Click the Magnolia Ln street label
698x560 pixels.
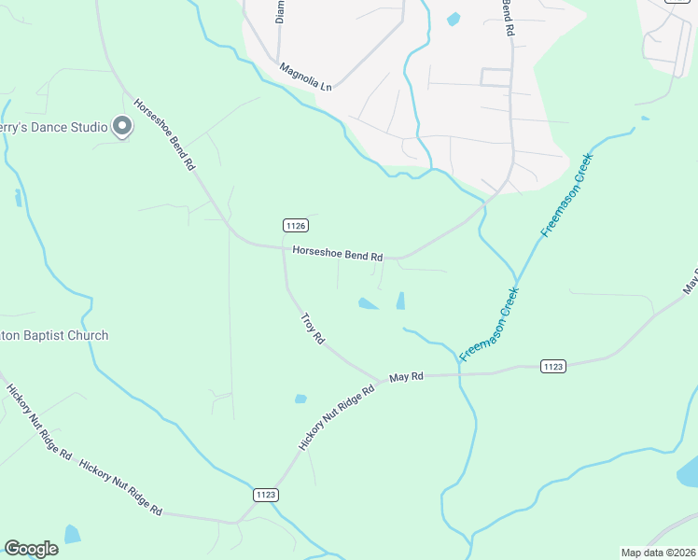pyautogui.click(x=306, y=77)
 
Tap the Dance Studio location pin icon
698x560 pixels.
pyautogui.click(x=121, y=126)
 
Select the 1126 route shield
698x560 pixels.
pyautogui.click(x=295, y=225)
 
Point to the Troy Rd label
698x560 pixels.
pyautogui.click(x=312, y=329)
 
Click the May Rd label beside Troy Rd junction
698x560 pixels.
pyautogui.click(x=406, y=376)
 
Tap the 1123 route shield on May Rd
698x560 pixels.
pyautogui.click(x=552, y=367)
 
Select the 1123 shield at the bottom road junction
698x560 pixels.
pyautogui.click(x=265, y=495)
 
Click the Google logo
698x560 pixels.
pyautogui.click(x=32, y=549)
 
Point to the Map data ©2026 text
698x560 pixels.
pyautogui.click(x=657, y=552)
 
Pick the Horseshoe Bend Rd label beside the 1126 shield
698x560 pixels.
pyautogui.click(x=338, y=253)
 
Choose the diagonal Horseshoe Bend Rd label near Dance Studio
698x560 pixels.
pyautogui.click(x=163, y=134)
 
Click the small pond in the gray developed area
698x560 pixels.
pyautogui.click(x=454, y=19)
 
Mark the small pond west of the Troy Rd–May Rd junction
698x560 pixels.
pyautogui.click(x=300, y=399)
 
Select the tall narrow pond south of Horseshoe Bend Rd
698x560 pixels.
pyautogui.click(x=400, y=301)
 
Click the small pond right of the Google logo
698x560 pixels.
pyautogui.click(x=72, y=534)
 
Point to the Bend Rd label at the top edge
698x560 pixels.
pyautogui.click(x=508, y=17)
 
